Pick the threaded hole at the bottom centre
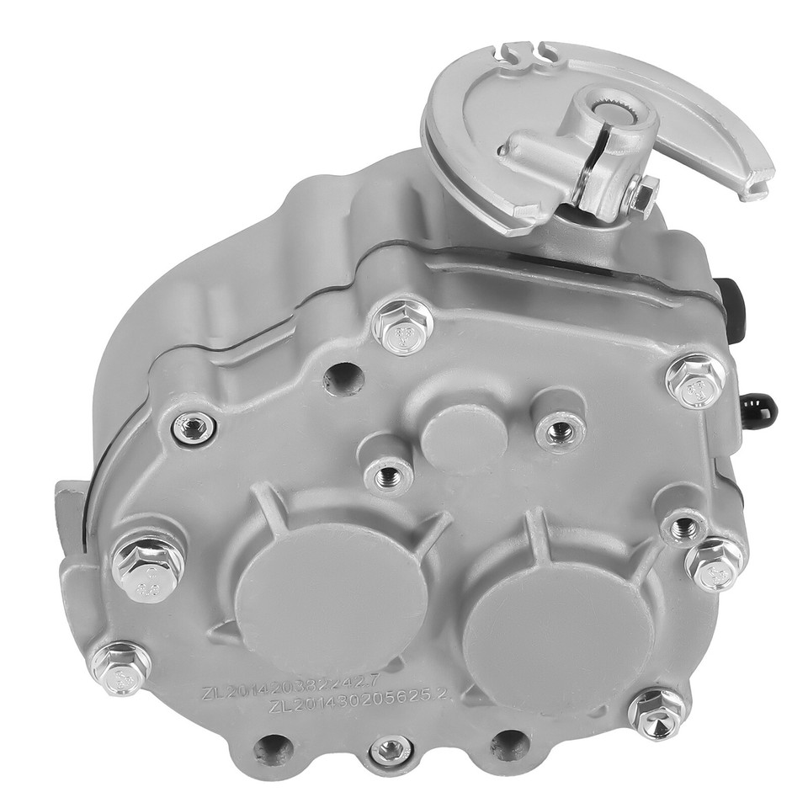(x=391, y=748)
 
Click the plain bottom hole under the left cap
(x=274, y=746)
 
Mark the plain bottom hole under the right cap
(x=509, y=746)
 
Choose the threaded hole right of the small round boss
(x=559, y=432)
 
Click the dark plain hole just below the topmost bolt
(x=344, y=376)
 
